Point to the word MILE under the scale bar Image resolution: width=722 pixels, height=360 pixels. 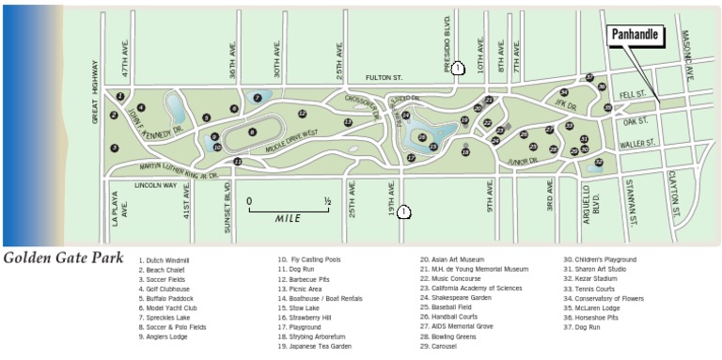pos(288,218)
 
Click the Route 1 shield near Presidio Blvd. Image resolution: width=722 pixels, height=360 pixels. pos(457,68)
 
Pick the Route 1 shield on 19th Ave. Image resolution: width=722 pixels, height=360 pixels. pos(402,212)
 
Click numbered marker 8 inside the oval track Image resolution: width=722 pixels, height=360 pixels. pos(252,133)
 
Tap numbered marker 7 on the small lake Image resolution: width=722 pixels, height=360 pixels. pos(258,97)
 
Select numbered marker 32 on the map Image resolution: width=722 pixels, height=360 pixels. pos(598,163)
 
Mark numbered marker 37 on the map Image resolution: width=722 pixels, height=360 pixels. pos(589,77)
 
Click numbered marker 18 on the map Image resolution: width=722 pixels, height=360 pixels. pos(465,152)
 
